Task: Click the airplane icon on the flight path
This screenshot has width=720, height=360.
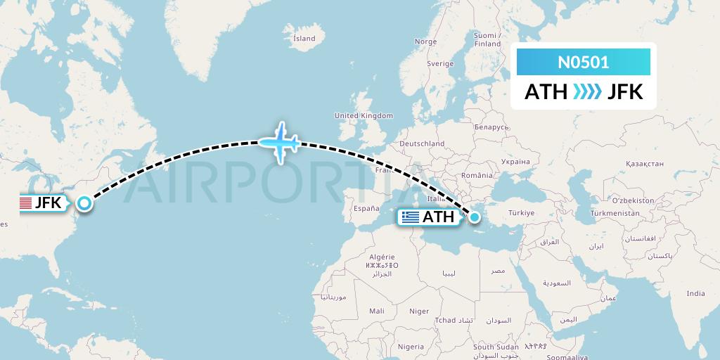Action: click(281, 143)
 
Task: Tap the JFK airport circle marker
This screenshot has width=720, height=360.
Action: click(84, 204)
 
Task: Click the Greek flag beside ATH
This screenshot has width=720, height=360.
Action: click(410, 217)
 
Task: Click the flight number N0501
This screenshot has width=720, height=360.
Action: click(584, 63)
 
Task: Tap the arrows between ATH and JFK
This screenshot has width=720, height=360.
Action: click(587, 92)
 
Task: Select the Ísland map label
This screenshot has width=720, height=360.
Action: click(304, 39)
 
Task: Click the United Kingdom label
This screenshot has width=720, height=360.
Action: click(364, 115)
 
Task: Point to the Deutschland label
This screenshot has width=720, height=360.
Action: click(422, 143)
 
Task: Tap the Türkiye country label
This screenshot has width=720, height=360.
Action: click(522, 212)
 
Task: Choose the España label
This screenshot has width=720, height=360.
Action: click(366, 209)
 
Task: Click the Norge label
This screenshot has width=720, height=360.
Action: click(425, 41)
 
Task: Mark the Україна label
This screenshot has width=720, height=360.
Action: click(515, 161)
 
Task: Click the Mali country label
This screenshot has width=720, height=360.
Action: click(376, 310)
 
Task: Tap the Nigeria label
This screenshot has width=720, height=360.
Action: click(410, 346)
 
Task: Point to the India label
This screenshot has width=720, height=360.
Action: click(695, 293)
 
